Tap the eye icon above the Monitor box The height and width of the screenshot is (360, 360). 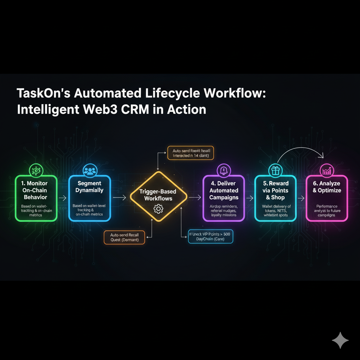point(36,170)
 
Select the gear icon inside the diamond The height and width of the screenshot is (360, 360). point(159,209)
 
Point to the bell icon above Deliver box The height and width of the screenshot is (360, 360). point(224,171)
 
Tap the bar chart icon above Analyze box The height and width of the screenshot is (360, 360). point(327,171)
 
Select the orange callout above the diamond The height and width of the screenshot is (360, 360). point(191,153)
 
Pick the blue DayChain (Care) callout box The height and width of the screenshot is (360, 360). point(211,236)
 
